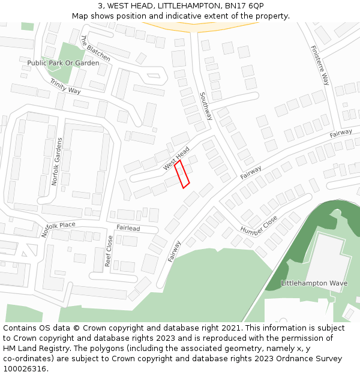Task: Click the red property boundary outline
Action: coord(182,174)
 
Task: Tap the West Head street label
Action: coord(176,157)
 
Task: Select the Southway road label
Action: coord(206,106)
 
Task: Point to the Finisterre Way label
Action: coord(320,65)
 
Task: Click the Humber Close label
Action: coord(259,225)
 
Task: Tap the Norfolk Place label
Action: coord(59,229)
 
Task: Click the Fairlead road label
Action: coord(128,229)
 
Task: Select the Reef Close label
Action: coord(109,251)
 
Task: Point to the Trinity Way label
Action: coord(65,86)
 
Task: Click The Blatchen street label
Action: coord(95,48)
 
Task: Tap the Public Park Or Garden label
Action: coord(63,63)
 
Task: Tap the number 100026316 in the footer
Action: coord(24,369)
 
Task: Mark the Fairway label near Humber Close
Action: coord(250,172)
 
